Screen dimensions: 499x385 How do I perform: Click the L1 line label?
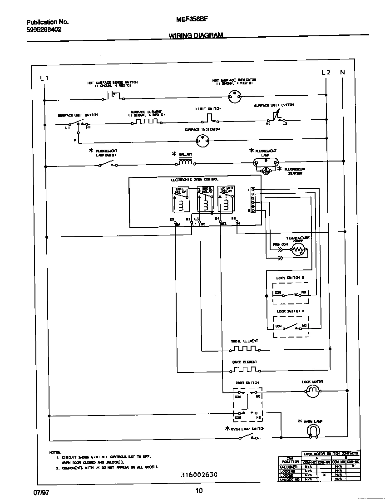click(x=44, y=78)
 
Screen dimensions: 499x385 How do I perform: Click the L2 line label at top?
click(x=326, y=72)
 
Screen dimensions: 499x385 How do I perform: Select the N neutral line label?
click(x=343, y=72)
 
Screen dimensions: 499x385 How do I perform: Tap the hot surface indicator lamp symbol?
click(x=234, y=95)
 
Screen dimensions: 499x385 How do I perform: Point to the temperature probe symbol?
click(x=298, y=250)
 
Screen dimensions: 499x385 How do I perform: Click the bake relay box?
click(x=181, y=199)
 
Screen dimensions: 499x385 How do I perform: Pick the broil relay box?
click(x=205, y=199)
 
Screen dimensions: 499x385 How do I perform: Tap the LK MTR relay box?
click(x=226, y=199)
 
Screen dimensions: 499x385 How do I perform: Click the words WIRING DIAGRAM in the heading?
click(x=196, y=35)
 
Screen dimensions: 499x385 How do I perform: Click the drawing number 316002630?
click(x=199, y=475)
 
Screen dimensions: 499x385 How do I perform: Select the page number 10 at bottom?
click(x=199, y=490)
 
